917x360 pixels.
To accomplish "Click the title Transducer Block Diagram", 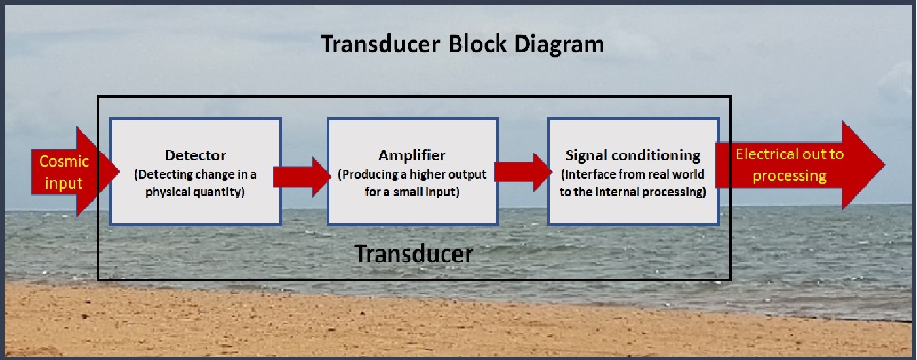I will [x=461, y=44].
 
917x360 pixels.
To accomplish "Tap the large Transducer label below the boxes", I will [x=413, y=253].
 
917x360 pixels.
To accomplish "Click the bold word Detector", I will [x=196, y=156].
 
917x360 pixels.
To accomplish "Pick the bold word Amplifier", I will [x=412, y=156].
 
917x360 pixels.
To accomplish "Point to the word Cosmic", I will [x=64, y=161].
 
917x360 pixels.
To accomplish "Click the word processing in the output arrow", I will [x=790, y=176].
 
